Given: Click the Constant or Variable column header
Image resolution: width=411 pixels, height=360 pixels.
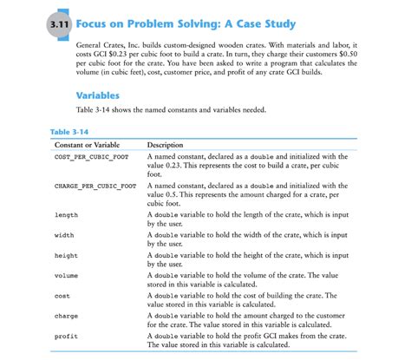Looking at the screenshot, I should tap(87, 144).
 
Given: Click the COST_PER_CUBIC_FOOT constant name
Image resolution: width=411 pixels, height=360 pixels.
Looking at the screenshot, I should tap(91, 156).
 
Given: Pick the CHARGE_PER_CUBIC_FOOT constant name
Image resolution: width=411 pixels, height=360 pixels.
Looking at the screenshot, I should tap(95, 186).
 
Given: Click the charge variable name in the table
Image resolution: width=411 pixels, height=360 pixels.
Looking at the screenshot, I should tap(66, 316).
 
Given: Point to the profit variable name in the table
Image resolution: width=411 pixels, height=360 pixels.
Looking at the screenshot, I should tap(66, 336).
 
